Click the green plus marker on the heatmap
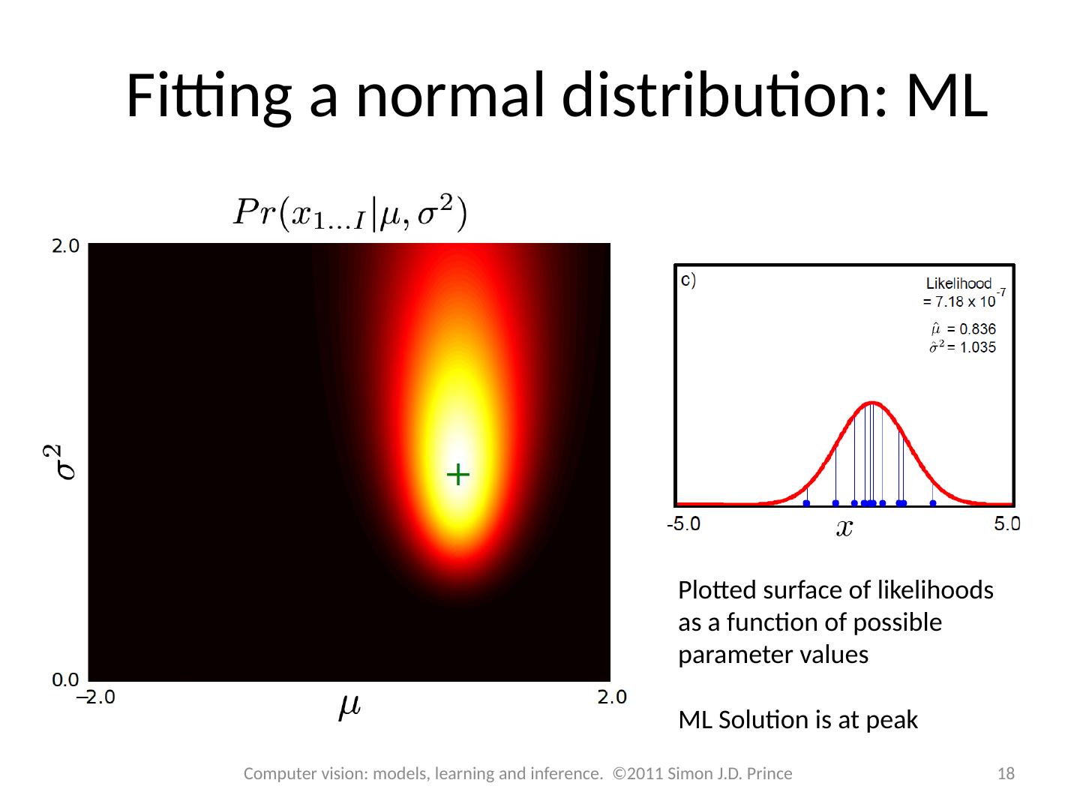pyautogui.click(x=457, y=474)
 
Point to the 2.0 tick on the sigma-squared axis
pyautogui.click(x=65, y=246)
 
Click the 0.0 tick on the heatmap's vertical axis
pyautogui.click(x=65, y=680)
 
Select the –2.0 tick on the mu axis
pyautogui.click(x=97, y=697)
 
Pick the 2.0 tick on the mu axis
pyautogui.click(x=612, y=697)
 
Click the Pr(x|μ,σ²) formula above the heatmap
pyautogui.click(x=349, y=214)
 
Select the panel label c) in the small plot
pyautogui.click(x=688, y=281)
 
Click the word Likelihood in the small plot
pyautogui.click(x=958, y=283)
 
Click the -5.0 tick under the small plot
pyautogui.click(x=683, y=523)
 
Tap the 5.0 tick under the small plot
pyautogui.click(x=1007, y=523)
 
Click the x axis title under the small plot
pyautogui.click(x=844, y=529)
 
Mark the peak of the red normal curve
pyautogui.click(x=871, y=403)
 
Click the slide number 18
pyautogui.click(x=1006, y=774)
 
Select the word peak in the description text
pyautogui.click(x=892, y=720)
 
